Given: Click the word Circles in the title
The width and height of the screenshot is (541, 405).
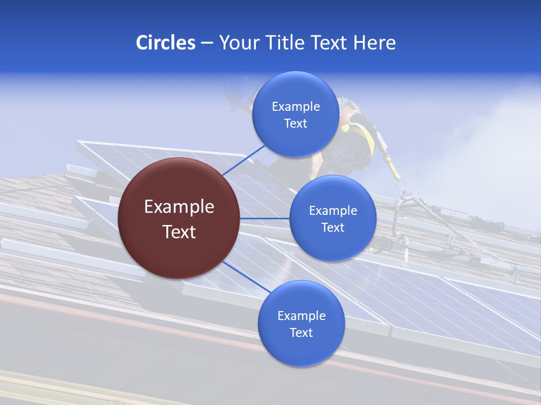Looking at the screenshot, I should tap(165, 42).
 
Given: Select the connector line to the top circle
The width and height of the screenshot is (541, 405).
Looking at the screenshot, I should tap(245, 160).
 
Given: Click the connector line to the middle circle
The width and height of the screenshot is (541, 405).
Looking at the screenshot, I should tap(264, 218).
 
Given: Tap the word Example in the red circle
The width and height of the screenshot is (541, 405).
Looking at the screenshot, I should tap(179, 206).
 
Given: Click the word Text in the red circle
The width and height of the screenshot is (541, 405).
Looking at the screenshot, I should tap(179, 231).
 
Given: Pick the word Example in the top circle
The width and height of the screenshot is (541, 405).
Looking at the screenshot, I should tap(296, 106).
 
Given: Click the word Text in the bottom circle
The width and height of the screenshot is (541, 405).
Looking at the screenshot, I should tap(301, 332).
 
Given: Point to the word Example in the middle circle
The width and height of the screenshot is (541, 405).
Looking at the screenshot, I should tap(333, 210).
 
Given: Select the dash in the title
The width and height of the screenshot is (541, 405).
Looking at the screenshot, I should tap(207, 43).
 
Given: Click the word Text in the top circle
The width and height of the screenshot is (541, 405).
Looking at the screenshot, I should tap(296, 123).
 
